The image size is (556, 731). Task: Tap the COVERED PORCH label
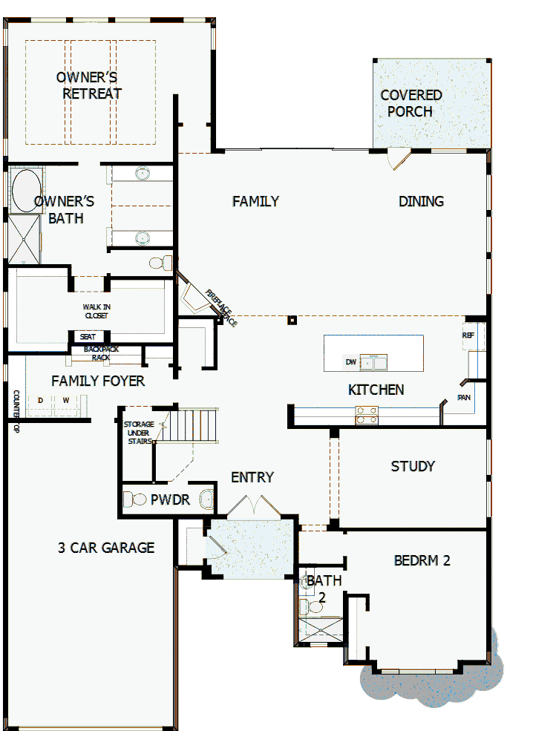(411, 103)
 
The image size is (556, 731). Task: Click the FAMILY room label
(255, 201)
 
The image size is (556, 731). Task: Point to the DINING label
(421, 201)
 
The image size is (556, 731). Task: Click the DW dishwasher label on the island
(351, 362)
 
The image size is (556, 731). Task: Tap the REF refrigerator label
(468, 335)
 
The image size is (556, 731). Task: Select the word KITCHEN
(376, 390)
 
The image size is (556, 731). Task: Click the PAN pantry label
(464, 397)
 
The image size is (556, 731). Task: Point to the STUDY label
(413, 466)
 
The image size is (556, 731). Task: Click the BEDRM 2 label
(422, 560)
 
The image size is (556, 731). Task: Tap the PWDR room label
(170, 500)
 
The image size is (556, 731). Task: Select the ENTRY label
(252, 477)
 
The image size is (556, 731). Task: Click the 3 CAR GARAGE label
(106, 548)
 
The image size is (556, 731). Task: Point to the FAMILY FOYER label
(98, 381)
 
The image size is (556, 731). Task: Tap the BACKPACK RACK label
(101, 353)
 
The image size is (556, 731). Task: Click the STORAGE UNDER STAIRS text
(139, 433)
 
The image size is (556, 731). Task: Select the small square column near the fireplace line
(292, 321)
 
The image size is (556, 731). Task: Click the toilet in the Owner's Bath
(160, 262)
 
